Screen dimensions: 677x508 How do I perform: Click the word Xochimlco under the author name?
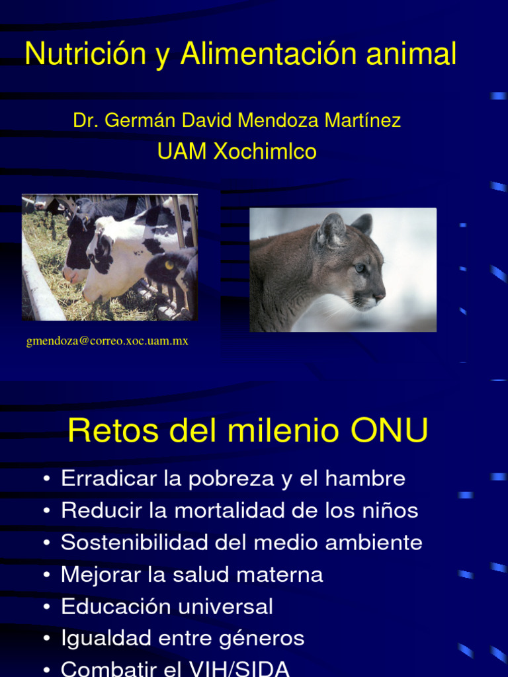tap(265, 151)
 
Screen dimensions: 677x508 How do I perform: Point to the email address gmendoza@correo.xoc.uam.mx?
tap(107, 341)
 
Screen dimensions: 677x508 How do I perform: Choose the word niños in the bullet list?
tap(390, 510)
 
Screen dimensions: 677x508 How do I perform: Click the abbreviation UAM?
tap(182, 151)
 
